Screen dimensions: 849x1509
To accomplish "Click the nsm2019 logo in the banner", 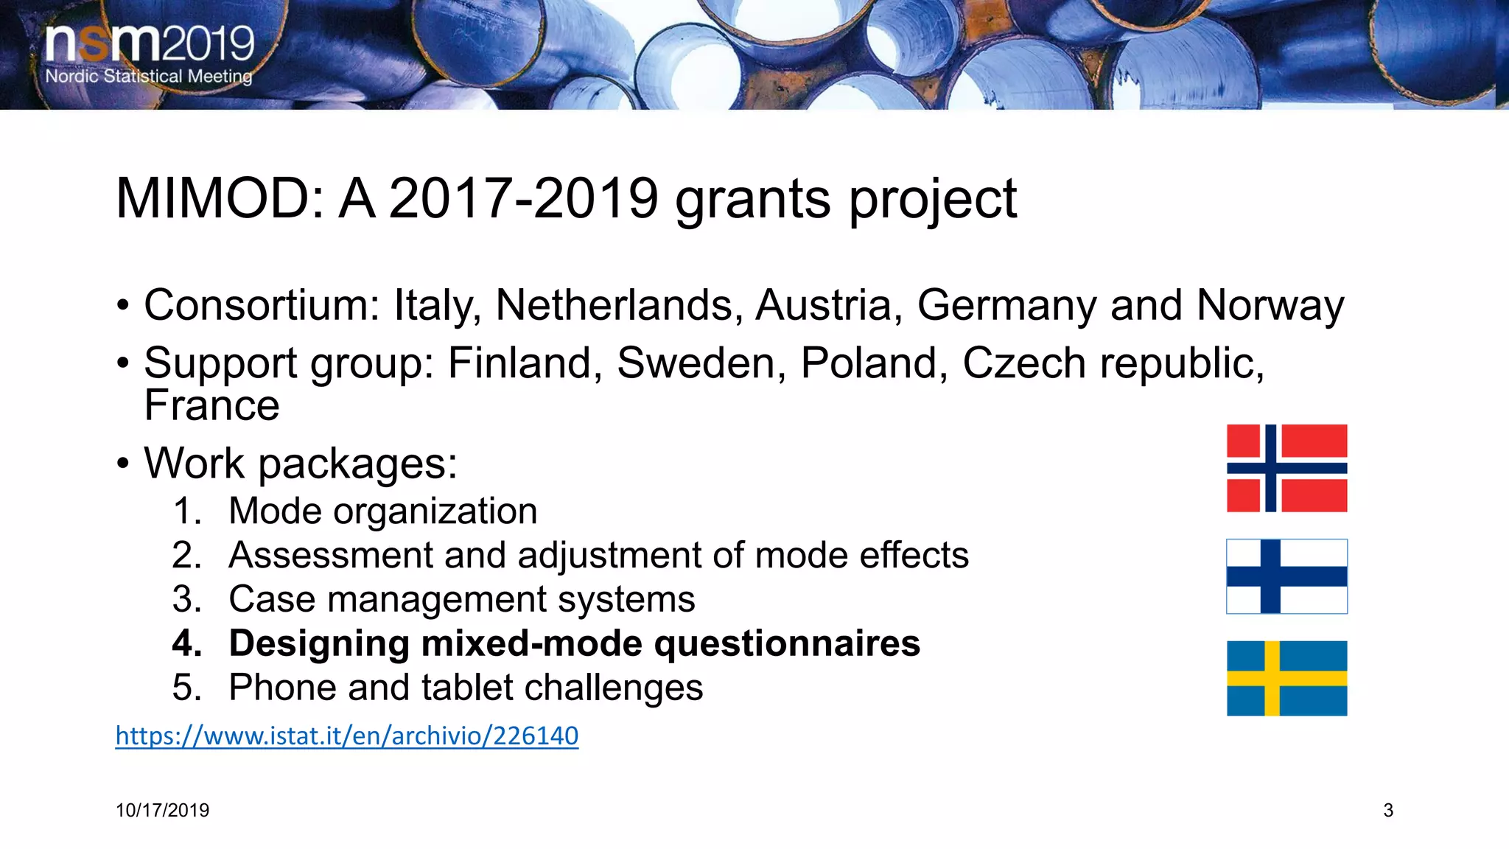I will click(x=150, y=44).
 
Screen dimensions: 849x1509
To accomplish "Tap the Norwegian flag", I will click(x=1286, y=468).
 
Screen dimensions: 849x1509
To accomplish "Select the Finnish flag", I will click(x=1286, y=576).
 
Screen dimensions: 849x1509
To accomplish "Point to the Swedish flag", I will click(x=1286, y=678).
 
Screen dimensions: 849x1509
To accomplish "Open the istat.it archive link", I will click(x=347, y=736).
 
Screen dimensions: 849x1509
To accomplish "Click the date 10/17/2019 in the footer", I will click(x=162, y=811).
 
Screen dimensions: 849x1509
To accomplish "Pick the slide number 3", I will click(x=1388, y=811).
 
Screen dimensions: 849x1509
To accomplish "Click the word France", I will click(x=212, y=405).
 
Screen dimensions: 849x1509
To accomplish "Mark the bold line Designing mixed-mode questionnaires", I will click(x=574, y=643).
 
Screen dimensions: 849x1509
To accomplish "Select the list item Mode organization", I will click(x=382, y=511).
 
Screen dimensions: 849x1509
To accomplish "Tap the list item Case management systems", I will click(x=461, y=599).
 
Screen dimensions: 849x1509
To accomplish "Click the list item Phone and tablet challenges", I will click(x=466, y=688).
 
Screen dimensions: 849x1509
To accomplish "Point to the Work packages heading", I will click(x=301, y=464).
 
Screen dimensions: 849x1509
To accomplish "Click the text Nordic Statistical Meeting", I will click(x=149, y=77).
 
